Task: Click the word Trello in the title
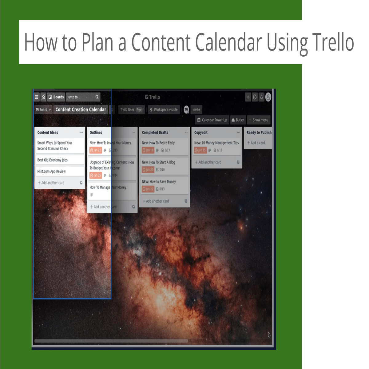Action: (333, 42)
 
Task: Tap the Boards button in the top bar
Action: (56, 97)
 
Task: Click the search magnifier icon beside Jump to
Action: (97, 97)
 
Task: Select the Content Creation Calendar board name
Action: (81, 109)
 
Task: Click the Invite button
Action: (196, 109)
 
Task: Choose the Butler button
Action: (238, 120)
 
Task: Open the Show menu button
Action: (258, 120)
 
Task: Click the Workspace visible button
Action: (164, 109)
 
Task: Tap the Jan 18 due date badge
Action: (148, 150)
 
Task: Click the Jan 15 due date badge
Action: (200, 150)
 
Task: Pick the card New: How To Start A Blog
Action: (164, 162)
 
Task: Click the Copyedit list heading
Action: (201, 133)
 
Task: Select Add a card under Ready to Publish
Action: (256, 143)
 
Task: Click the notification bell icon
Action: (261, 97)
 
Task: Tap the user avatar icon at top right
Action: (268, 97)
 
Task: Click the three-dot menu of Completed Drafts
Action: (186, 133)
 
